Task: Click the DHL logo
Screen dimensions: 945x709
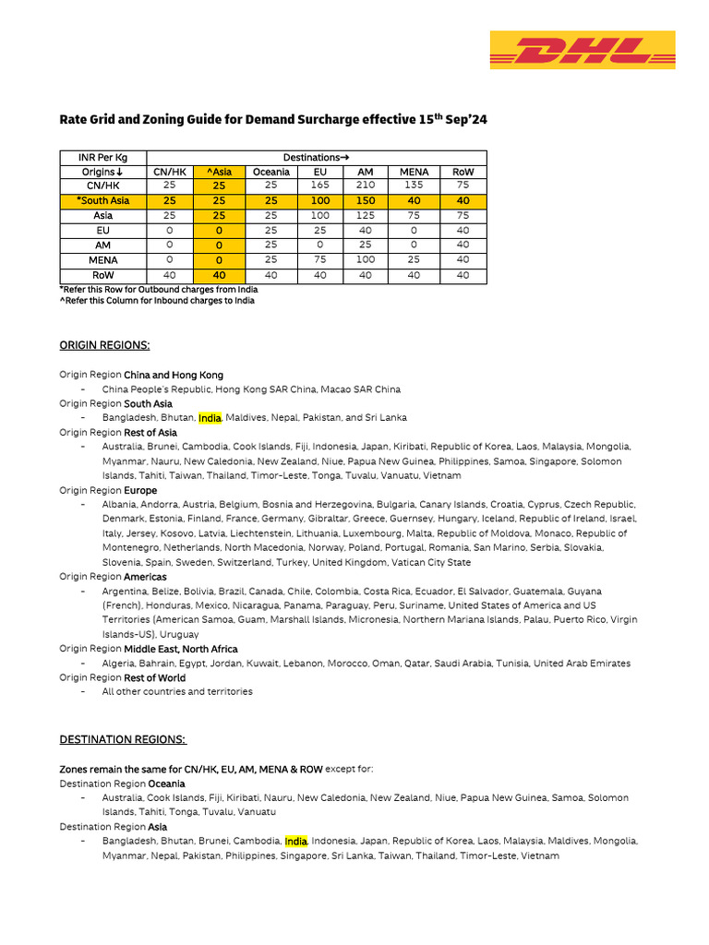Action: [582, 50]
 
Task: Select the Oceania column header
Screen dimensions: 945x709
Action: [270, 172]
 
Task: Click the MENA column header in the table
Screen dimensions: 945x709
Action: [414, 172]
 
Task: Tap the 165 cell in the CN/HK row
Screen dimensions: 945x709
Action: [320, 185]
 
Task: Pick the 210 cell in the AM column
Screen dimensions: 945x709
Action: [366, 185]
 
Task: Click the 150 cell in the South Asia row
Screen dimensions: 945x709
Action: [366, 200]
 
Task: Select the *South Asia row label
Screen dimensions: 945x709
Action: [103, 200]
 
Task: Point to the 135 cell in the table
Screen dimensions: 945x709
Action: [414, 185]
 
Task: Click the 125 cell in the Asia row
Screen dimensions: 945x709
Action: [366, 215]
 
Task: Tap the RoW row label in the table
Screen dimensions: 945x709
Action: [103, 275]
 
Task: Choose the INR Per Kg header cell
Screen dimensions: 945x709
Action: [103, 157]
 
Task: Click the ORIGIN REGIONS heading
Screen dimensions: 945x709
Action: [104, 345]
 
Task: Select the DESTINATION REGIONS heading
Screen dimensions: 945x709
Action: [123, 739]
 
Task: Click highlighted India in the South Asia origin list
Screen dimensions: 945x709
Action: [210, 418]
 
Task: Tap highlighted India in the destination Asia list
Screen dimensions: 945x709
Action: [295, 842]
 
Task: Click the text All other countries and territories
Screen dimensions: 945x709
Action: [177, 691]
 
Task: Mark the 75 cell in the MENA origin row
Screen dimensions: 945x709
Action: [320, 260]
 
